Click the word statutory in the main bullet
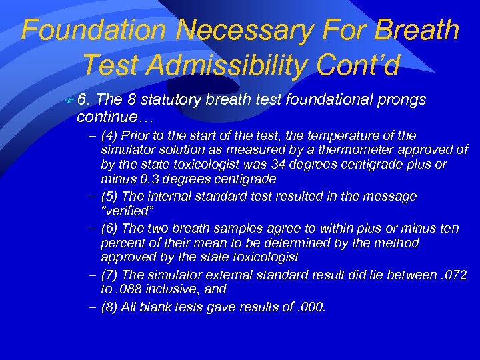pos(169,101)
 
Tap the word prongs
pos(402,101)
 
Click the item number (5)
pos(111,197)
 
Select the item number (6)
pos(111,229)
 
